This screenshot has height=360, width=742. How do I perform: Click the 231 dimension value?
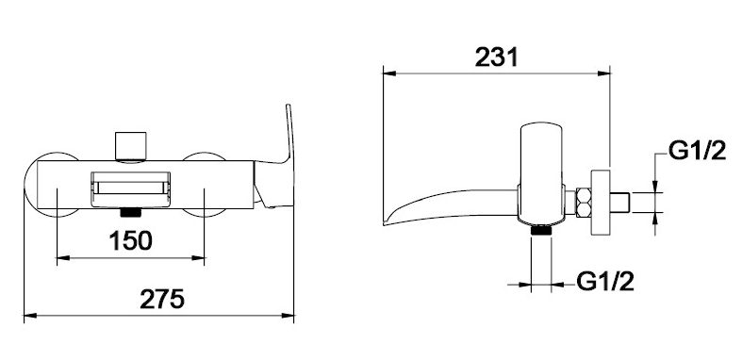[x=497, y=57]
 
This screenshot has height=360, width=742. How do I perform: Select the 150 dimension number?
[x=131, y=240]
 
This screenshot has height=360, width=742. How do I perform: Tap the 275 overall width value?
[x=162, y=299]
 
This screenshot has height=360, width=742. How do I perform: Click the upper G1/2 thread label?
[x=697, y=151]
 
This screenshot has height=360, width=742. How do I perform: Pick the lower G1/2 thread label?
[x=604, y=282]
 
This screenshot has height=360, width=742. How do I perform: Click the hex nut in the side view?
[x=583, y=202]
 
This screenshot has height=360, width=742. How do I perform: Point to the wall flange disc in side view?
[x=601, y=202]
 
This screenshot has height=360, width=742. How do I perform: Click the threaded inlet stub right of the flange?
[x=619, y=202]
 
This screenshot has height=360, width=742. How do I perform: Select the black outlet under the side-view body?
[x=541, y=231]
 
